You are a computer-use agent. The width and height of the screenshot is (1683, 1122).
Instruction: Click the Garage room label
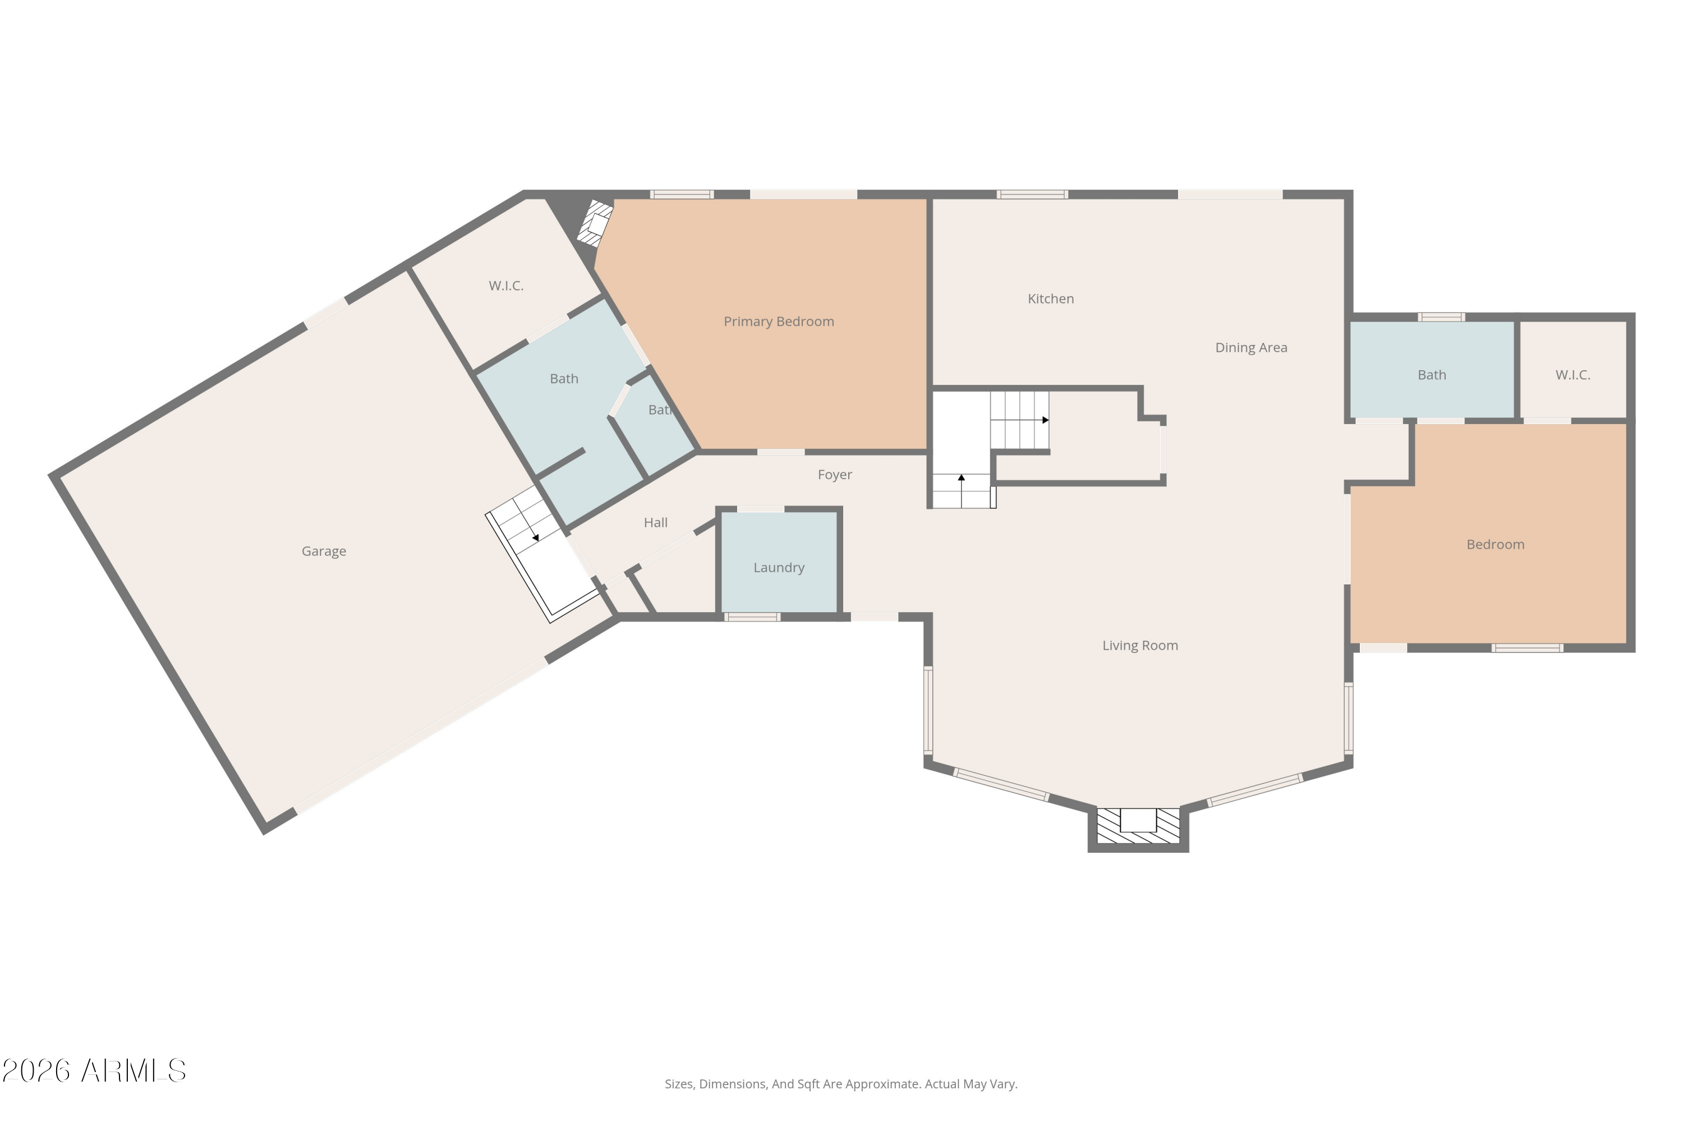[324, 551]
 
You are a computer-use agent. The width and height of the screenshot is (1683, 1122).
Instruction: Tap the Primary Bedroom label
[779, 321]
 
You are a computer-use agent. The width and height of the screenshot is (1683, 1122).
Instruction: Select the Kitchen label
[1050, 298]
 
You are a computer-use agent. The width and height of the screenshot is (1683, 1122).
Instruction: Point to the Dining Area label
[1251, 347]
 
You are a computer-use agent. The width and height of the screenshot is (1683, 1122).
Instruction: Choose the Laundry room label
[779, 567]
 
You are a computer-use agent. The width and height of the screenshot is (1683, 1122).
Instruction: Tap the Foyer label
[834, 475]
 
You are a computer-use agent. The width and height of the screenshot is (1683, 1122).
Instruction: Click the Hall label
[655, 522]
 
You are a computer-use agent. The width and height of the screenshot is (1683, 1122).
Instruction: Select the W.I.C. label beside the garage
[506, 286]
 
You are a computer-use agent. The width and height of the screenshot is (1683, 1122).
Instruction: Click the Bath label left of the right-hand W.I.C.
[1432, 374]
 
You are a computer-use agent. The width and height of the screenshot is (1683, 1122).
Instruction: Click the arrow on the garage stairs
[535, 537]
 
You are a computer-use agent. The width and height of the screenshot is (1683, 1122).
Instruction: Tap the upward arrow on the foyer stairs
[961, 477]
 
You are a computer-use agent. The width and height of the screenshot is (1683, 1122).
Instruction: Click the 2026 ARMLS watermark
[94, 1070]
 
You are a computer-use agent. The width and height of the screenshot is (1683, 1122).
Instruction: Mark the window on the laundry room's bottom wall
[751, 617]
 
